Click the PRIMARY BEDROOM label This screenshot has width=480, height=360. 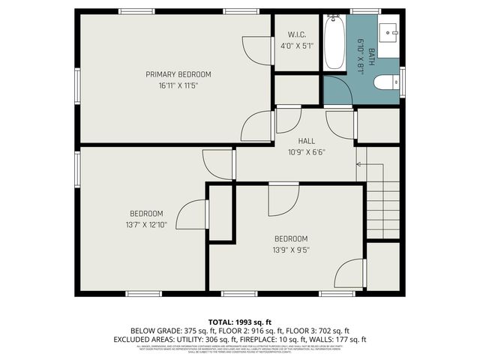(x=178, y=74)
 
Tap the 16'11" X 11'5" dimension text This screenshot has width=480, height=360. (x=178, y=85)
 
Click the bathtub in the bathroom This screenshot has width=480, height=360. (x=334, y=43)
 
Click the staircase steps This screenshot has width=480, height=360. (x=382, y=202)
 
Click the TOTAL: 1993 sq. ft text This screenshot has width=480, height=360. (x=239, y=320)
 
